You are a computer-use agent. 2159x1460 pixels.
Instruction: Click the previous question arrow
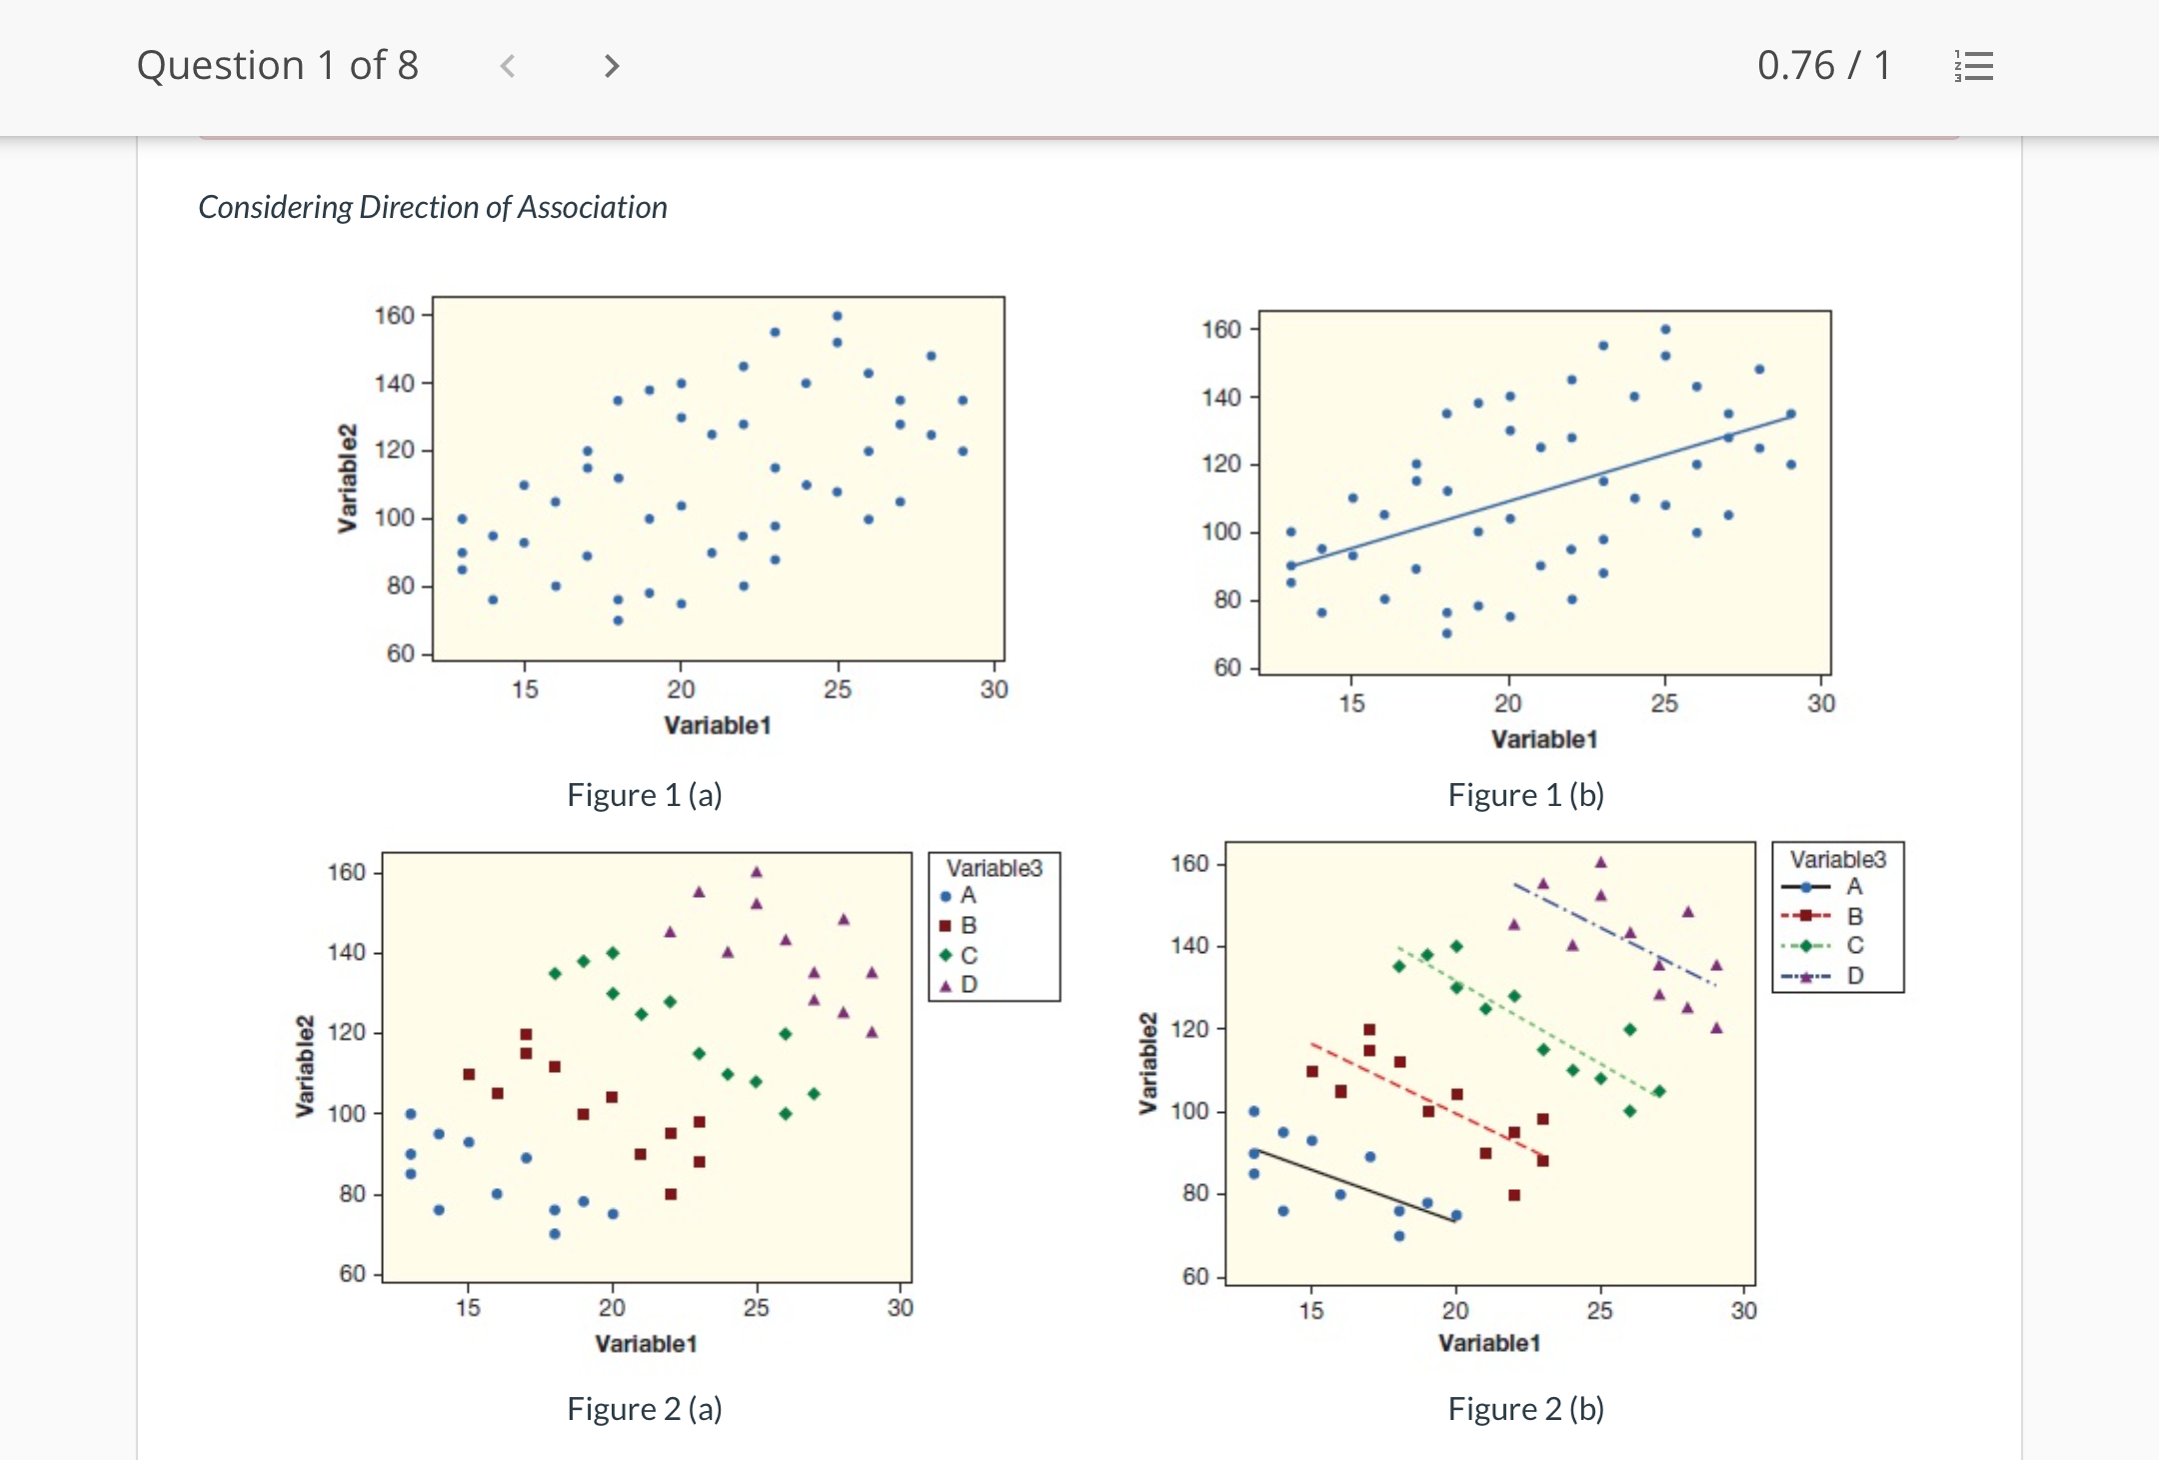point(508,66)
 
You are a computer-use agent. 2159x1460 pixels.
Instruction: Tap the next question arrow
point(612,66)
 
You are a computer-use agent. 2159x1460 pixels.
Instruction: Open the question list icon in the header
point(1974,66)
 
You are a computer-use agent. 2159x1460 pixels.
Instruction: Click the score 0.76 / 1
point(1823,66)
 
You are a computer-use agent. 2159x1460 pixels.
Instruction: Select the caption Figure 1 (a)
point(644,795)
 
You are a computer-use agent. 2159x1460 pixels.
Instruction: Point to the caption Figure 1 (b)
point(1525,795)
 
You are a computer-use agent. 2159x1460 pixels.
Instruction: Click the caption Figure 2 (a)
point(644,1409)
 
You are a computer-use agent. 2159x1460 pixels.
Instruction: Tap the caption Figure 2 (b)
point(1525,1409)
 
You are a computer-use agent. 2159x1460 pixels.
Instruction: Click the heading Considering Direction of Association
point(432,207)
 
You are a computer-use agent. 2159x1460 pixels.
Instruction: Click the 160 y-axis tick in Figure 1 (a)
point(394,316)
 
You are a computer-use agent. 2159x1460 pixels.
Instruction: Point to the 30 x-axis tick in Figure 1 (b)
point(1820,704)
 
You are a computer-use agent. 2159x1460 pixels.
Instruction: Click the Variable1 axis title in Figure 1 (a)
point(717,726)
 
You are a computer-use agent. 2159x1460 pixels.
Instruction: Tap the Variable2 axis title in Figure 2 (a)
point(305,1066)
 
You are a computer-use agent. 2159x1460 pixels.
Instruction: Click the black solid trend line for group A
point(1354,1186)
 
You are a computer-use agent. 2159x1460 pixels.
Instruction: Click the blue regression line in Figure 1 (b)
point(1539,490)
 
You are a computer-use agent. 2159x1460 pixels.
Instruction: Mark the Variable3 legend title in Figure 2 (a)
point(994,868)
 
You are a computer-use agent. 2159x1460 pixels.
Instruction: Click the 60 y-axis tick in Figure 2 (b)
point(1195,1276)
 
